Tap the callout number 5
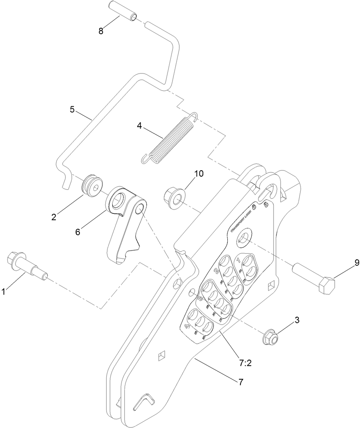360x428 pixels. pyautogui.click(x=72, y=109)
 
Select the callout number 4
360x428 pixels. pyautogui.click(x=139, y=125)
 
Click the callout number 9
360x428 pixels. pyautogui.click(x=346, y=263)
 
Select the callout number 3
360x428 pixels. pyautogui.click(x=296, y=321)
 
